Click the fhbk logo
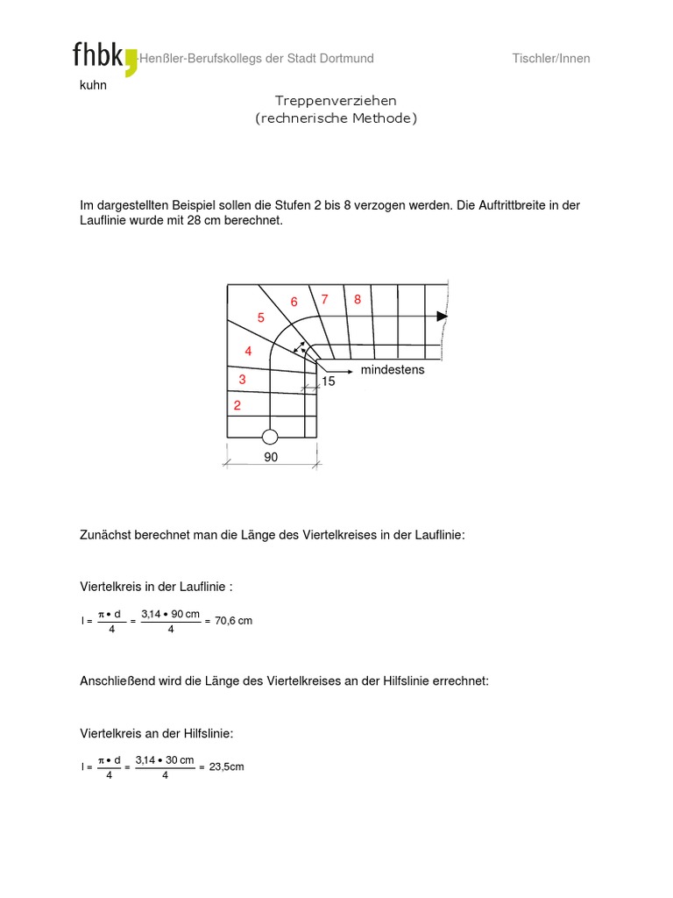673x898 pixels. tap(104, 57)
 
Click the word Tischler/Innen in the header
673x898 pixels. tap(550, 59)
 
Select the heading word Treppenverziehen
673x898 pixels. tap(336, 102)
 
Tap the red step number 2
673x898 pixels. tap(237, 406)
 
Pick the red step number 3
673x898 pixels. tap(242, 380)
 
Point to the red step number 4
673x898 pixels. tap(248, 351)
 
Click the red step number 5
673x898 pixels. tap(260, 318)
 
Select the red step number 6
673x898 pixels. tap(294, 303)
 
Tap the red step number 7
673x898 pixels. tap(324, 299)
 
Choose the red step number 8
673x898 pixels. tap(358, 299)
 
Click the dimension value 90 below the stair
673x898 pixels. tap(270, 458)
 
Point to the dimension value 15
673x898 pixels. tap(329, 382)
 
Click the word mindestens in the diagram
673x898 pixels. tap(392, 370)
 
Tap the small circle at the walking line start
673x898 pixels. tap(270, 437)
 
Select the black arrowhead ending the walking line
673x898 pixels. tap(443, 316)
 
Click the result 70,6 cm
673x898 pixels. tap(233, 621)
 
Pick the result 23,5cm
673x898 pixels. tap(226, 766)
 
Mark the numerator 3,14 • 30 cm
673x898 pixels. tap(165, 759)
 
